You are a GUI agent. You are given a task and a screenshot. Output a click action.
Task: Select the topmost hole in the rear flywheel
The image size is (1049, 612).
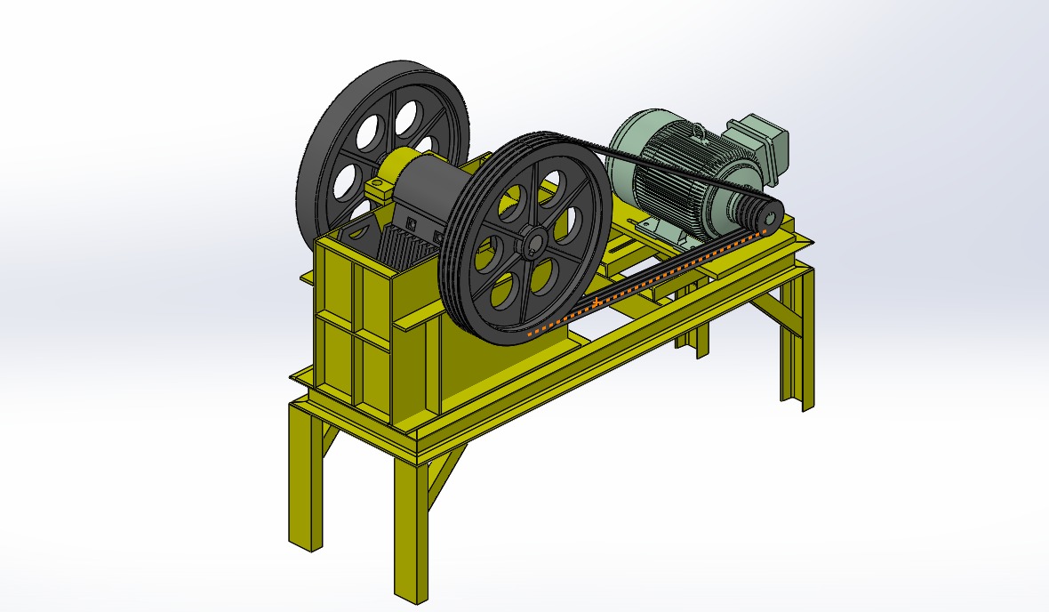point(408,114)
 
